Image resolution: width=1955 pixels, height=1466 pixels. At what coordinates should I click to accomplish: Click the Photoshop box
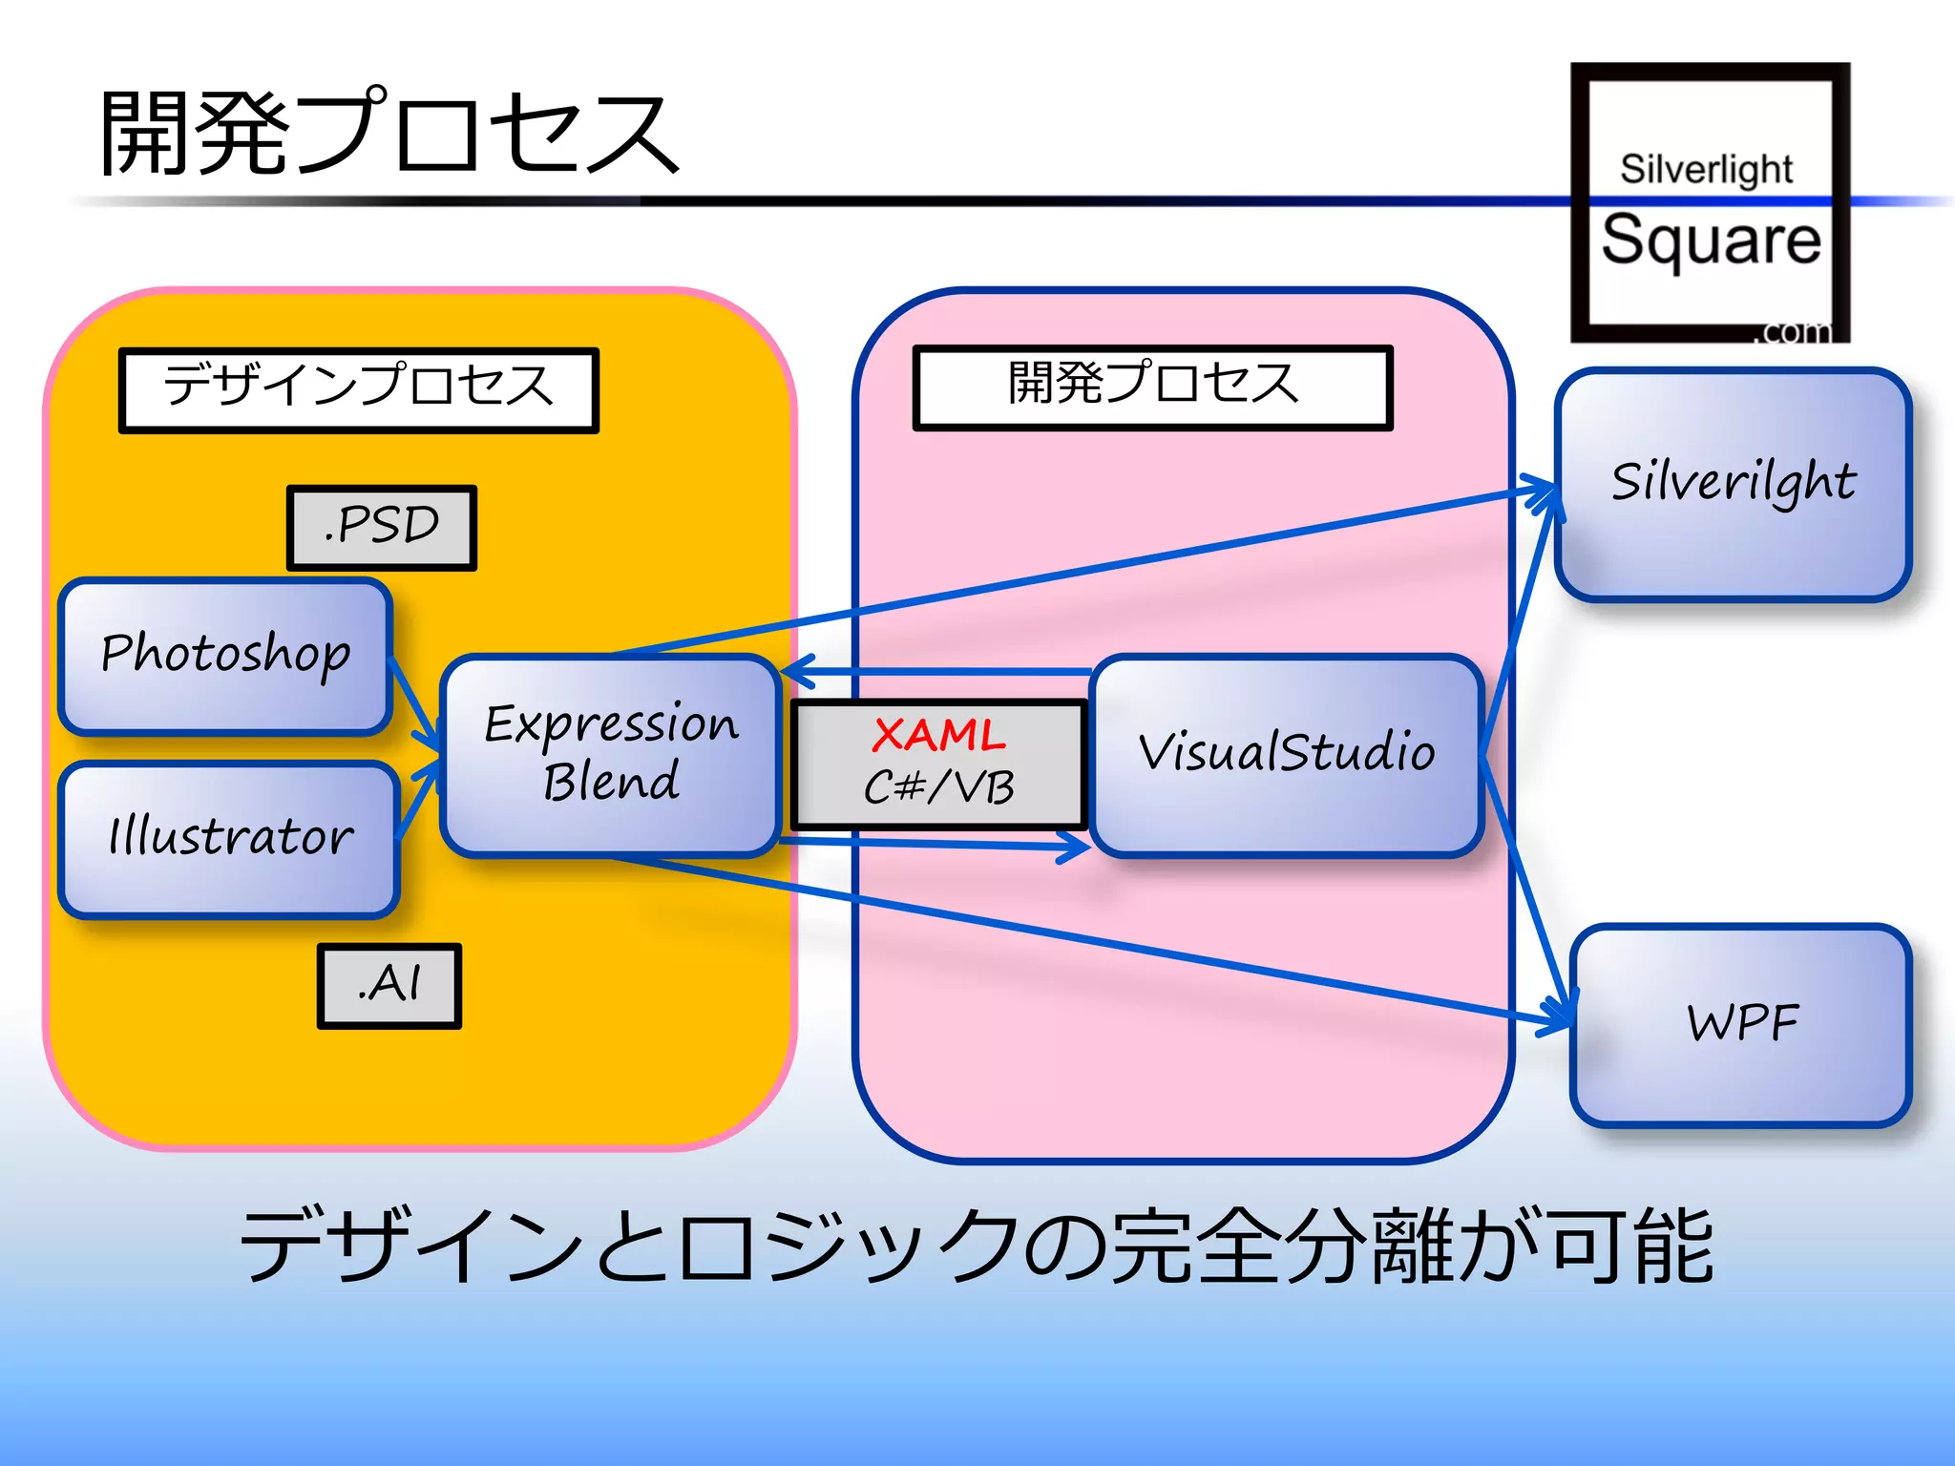[225, 655]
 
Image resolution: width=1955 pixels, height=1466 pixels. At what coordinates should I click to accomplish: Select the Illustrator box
[229, 838]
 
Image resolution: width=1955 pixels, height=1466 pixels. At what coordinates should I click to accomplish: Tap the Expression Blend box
[611, 754]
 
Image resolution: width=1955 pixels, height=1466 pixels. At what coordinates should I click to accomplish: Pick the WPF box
[1741, 1024]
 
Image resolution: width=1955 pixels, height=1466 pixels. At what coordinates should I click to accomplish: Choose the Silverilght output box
[1733, 483]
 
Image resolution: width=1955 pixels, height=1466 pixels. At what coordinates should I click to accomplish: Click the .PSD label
[382, 527]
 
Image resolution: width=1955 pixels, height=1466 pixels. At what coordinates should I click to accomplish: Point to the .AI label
[389, 985]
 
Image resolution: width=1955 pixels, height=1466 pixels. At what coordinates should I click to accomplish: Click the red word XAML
[938, 736]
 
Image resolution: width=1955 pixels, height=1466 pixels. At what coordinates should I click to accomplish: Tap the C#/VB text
[938, 788]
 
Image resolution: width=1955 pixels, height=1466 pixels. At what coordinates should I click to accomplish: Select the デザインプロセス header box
[358, 389]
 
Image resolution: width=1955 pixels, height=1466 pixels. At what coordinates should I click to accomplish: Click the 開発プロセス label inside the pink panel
[1152, 387]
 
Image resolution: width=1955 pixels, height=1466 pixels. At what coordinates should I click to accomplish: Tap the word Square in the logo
[1711, 241]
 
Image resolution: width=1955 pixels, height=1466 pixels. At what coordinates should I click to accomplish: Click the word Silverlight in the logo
[1706, 170]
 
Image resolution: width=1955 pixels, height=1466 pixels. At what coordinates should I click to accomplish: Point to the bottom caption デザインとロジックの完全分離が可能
[976, 1246]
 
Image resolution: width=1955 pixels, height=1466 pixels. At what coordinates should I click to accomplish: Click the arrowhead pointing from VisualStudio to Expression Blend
[798, 672]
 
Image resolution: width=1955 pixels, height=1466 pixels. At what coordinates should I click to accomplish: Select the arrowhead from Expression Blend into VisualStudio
[1074, 847]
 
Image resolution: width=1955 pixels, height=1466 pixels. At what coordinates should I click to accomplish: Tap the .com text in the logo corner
[1795, 331]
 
